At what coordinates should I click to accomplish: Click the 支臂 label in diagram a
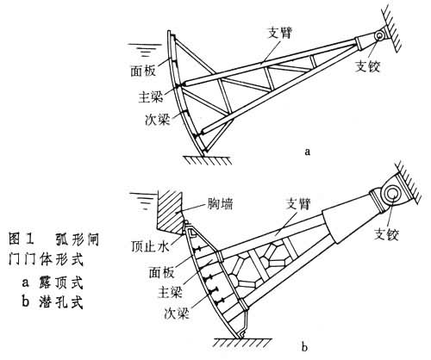(x=280, y=34)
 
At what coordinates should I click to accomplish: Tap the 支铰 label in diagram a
(x=367, y=66)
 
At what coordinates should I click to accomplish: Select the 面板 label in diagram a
(x=143, y=71)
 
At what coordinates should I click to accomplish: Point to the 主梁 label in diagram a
(x=151, y=96)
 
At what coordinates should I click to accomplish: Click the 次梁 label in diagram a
(x=158, y=120)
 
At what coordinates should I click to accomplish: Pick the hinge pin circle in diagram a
(x=379, y=35)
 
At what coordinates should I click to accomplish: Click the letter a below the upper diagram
(x=308, y=152)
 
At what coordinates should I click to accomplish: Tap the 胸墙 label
(x=220, y=204)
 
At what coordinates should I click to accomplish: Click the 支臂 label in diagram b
(x=298, y=204)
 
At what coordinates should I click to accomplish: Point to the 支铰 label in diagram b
(x=386, y=234)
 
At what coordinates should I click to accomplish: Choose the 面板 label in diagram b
(x=161, y=272)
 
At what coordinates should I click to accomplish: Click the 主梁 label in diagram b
(x=170, y=293)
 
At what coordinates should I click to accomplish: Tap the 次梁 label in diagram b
(x=177, y=313)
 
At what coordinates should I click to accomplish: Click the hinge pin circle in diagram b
(x=392, y=193)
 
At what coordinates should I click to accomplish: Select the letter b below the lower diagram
(x=304, y=347)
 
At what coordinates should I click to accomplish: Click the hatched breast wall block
(x=170, y=212)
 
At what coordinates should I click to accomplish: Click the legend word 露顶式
(x=60, y=282)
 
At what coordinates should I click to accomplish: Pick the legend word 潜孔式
(x=60, y=302)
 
